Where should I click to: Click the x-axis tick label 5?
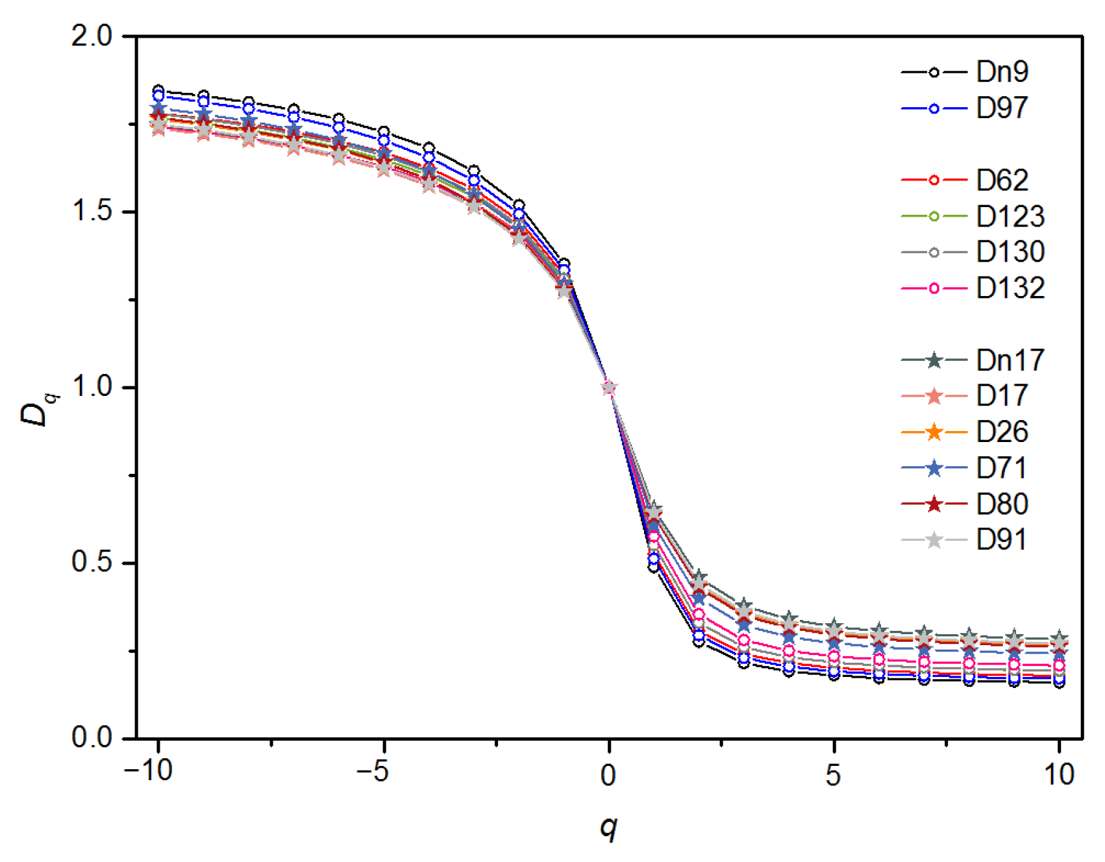[x=834, y=774]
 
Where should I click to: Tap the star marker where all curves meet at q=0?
[x=609, y=388]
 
